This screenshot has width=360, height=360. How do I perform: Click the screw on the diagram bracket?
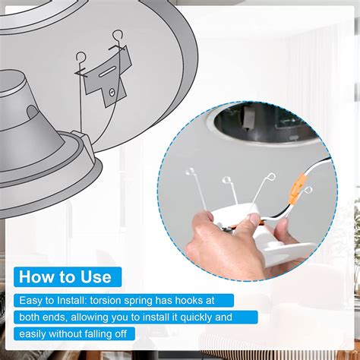(x=112, y=93)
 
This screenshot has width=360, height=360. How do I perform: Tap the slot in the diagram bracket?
(x=108, y=71)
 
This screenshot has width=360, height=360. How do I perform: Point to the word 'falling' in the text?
(x=99, y=334)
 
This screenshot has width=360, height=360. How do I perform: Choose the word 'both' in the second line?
(x=29, y=317)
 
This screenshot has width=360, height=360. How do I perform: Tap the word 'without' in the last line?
(x=65, y=334)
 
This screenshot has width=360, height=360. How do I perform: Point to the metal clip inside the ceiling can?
(x=247, y=117)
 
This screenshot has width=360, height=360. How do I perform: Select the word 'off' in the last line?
(x=121, y=334)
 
